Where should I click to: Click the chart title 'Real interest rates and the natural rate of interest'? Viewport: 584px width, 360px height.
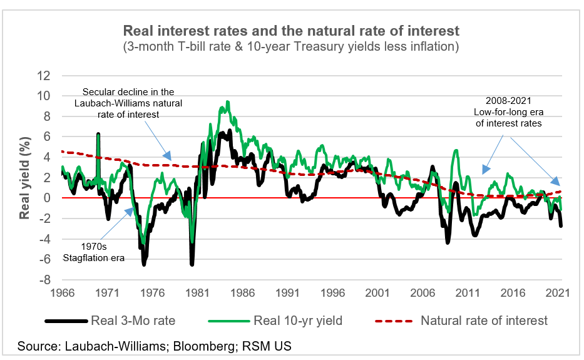[291, 31]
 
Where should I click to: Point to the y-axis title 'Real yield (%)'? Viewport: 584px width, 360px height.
[26, 178]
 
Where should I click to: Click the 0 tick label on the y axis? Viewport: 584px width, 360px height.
[46, 198]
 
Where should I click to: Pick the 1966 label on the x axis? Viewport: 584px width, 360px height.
[63, 292]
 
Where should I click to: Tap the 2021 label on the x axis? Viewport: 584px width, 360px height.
[556, 292]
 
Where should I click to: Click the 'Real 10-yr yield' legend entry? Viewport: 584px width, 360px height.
[297, 321]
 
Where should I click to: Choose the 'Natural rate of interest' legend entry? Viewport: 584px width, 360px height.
[484, 321]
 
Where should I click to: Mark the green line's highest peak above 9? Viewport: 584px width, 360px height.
[227, 101]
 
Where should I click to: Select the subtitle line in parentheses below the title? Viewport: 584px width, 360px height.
[291, 46]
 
